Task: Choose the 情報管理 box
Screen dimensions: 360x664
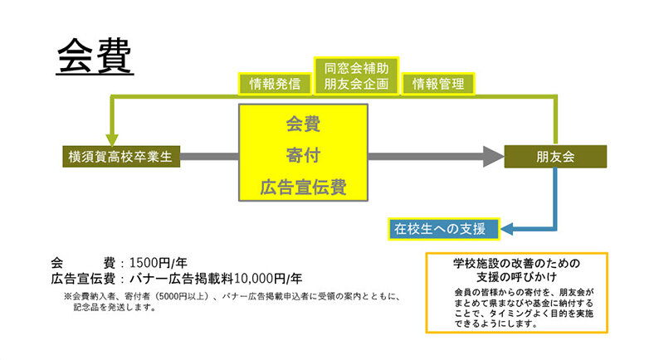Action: click(x=438, y=83)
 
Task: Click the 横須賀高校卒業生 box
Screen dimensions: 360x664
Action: click(x=120, y=156)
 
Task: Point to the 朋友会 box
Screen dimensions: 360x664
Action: click(x=555, y=156)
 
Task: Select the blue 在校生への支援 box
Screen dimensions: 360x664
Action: click(x=442, y=226)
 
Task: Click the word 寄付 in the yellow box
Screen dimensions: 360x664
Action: click(x=302, y=155)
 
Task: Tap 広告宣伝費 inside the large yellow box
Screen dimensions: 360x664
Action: click(x=302, y=186)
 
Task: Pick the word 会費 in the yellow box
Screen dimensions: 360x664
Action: click(x=302, y=124)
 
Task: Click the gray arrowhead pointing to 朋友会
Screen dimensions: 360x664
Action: click(x=493, y=156)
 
